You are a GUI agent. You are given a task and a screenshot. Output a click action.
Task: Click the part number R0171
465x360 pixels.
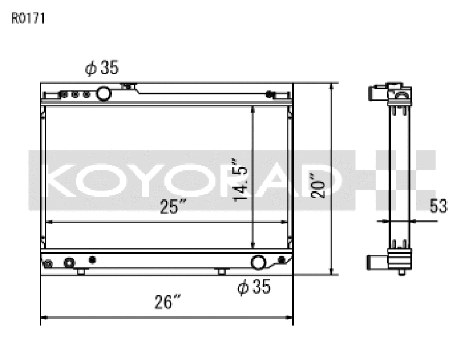coord(28,18)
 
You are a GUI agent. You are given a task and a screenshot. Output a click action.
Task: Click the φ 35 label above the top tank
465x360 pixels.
coord(102,69)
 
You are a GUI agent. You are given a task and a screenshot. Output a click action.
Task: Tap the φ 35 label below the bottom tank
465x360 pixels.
coord(254,287)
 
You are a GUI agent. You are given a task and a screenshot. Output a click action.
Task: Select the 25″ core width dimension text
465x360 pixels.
coord(174,206)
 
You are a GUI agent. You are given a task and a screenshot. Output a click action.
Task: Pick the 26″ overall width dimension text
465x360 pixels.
coord(169,302)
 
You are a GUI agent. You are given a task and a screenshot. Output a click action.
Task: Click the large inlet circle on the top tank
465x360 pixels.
coord(105,92)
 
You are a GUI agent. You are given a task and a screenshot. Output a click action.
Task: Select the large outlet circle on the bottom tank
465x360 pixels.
coord(259,262)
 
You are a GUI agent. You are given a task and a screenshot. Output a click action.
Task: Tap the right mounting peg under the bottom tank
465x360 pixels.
coord(221,272)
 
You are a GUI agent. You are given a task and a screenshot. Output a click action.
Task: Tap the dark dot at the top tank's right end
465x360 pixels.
coord(269,94)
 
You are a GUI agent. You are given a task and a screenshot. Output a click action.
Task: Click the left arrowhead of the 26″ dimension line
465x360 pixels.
coord(44,318)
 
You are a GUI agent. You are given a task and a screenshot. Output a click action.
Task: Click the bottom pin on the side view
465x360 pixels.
coord(402,272)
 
